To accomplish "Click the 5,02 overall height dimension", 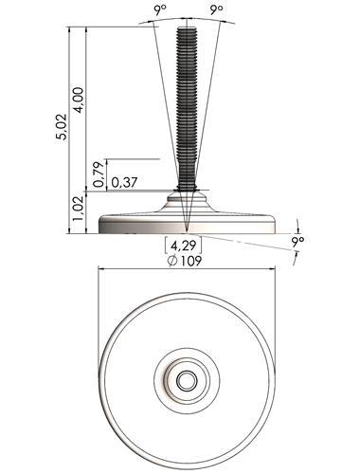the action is click(x=62, y=127).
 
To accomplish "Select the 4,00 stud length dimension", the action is click(x=79, y=100).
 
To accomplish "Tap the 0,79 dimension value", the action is click(x=99, y=174).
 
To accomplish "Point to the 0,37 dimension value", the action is click(x=124, y=182).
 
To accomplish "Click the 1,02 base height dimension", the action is click(x=79, y=209).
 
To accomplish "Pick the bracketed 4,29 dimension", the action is click(x=183, y=246).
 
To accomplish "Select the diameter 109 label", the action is click(x=185, y=261).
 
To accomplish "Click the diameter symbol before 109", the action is click(x=172, y=262).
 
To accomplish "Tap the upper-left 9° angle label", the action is click(x=160, y=10).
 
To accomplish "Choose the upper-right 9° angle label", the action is click(x=216, y=10).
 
